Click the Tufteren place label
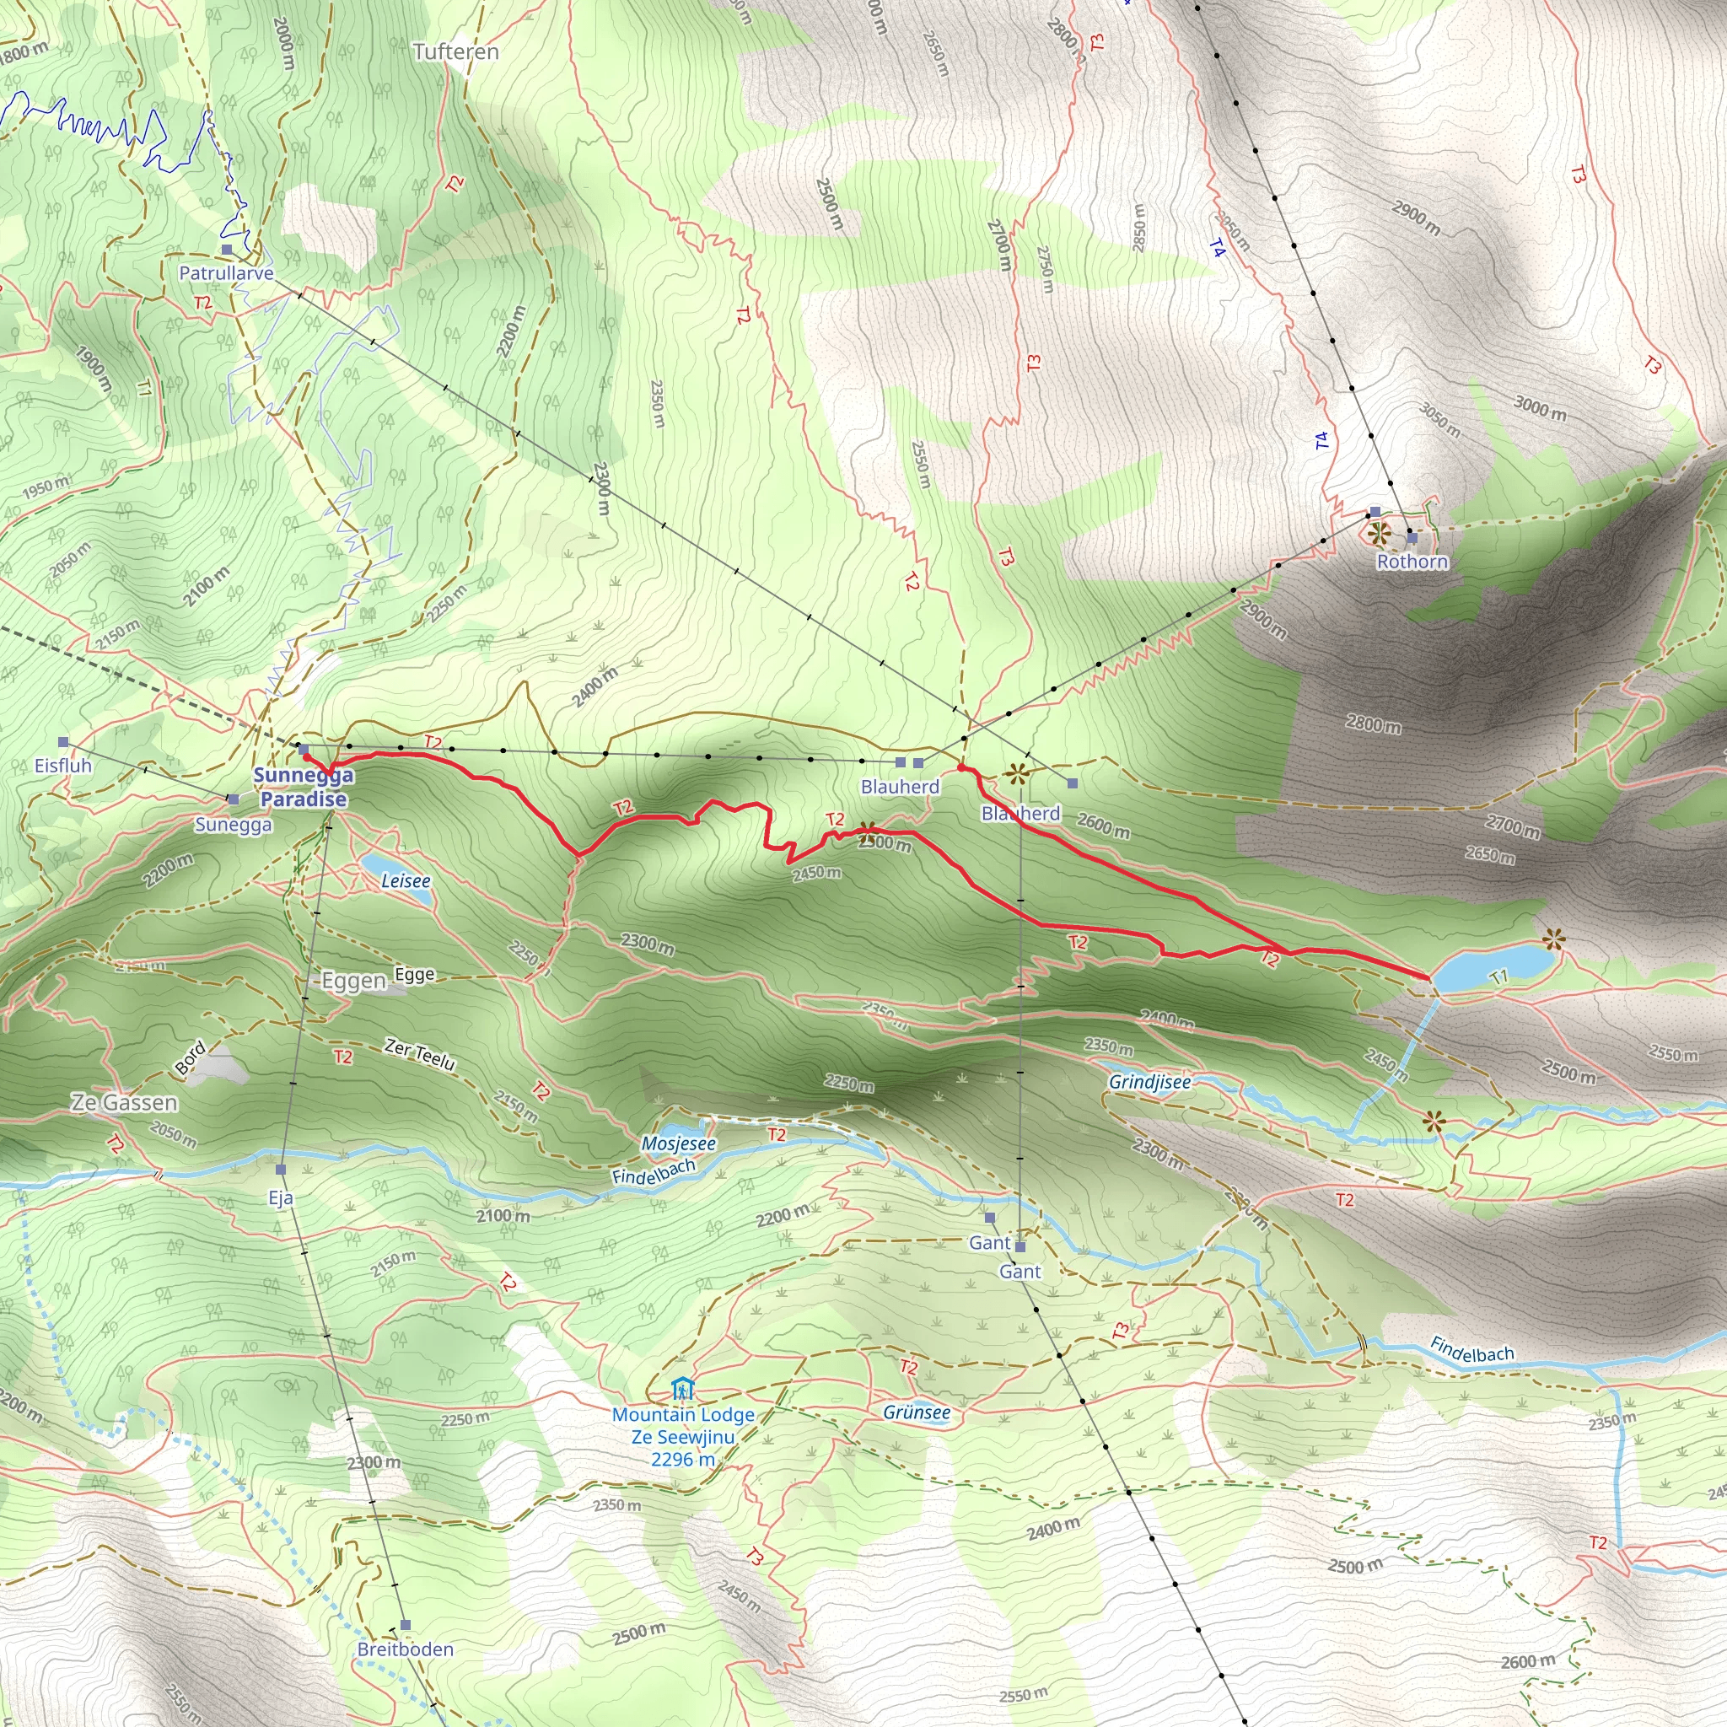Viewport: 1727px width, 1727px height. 456,51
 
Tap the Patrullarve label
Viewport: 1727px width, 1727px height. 226,272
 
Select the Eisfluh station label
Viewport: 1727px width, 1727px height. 63,765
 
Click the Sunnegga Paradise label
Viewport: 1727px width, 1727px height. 304,788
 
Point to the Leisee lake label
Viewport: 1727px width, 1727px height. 406,880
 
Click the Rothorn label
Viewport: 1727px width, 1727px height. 1412,562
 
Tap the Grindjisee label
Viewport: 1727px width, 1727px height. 1149,1082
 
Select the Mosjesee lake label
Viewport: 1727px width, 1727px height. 679,1143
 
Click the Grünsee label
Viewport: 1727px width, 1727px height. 917,1412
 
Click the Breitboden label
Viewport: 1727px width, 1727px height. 405,1649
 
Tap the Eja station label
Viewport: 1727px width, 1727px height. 281,1197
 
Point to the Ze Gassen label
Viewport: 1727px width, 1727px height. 124,1103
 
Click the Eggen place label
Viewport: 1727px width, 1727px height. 353,982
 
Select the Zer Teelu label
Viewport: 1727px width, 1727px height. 420,1054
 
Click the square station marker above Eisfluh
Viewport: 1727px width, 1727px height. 63,742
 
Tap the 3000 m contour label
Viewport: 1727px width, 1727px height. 1539,407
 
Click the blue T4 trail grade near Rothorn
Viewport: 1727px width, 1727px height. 1321,440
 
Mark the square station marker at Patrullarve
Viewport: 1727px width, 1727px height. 227,250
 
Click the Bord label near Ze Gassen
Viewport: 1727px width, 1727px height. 190,1057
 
